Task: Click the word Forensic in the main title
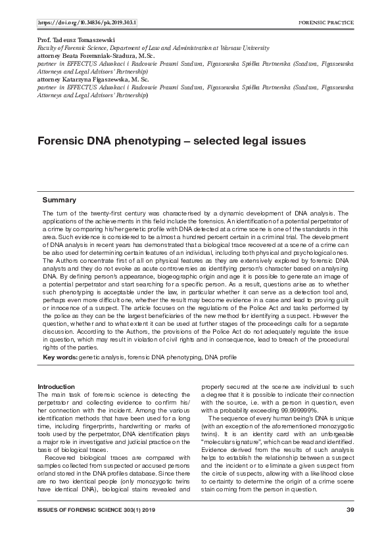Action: pos(61,141)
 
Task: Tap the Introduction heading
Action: pos(56,386)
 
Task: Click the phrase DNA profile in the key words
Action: pos(220,357)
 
